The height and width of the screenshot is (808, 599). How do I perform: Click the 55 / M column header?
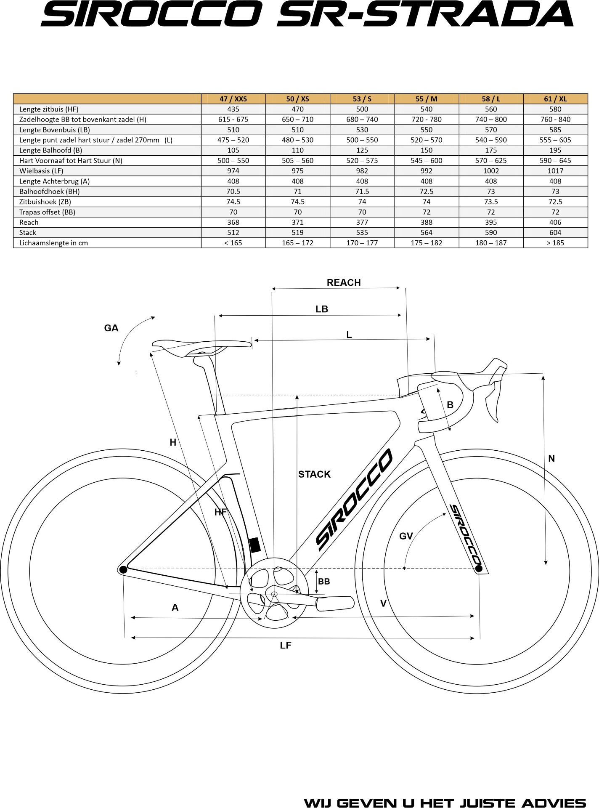tap(426, 99)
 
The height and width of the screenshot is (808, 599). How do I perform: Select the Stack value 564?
tap(426, 232)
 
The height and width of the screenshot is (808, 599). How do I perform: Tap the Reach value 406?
tap(555, 222)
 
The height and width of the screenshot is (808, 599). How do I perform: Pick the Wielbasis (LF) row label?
tap(41, 171)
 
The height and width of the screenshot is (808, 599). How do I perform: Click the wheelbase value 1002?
tap(490, 171)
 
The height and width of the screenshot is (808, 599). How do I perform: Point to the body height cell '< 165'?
tap(233, 243)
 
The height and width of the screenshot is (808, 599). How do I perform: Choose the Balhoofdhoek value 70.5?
tap(233, 191)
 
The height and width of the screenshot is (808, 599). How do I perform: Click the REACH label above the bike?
tap(344, 283)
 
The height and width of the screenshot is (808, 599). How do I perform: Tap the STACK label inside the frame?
tap(314, 474)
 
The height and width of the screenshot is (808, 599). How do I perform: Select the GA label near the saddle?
tap(111, 328)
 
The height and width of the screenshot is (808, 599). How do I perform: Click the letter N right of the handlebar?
tap(551, 459)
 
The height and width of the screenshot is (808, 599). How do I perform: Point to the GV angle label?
tap(406, 536)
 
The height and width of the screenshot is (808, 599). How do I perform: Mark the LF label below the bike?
tap(286, 646)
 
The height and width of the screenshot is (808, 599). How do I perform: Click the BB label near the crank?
tap(324, 582)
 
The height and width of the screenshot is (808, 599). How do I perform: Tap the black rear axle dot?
tap(123, 570)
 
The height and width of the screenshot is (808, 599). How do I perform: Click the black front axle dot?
tap(479, 569)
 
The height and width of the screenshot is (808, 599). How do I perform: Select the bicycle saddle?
tap(202, 346)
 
